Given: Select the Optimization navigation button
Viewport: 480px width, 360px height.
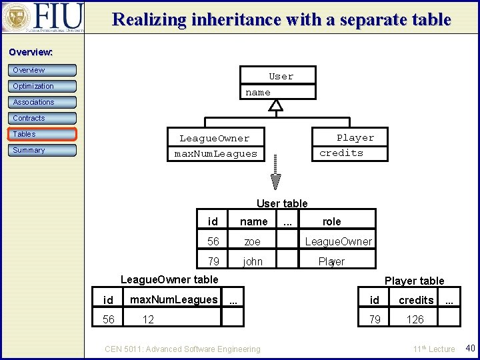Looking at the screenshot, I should [43, 86].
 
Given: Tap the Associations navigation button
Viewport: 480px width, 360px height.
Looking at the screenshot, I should [43, 102].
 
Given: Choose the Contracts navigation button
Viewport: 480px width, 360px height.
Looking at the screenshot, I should [43, 118].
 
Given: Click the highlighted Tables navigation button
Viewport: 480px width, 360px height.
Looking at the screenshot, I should [43, 134].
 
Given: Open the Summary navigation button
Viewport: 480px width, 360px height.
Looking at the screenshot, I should [43, 150].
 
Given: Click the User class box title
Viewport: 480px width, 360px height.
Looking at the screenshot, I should [281, 77].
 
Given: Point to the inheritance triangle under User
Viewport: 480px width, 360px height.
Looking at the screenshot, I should [276, 105].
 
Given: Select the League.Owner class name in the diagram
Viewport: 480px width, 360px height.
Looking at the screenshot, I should [214, 139].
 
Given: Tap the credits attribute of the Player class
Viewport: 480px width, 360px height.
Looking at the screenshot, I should [341, 153].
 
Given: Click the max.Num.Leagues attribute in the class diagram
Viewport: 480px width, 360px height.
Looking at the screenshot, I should [215, 154].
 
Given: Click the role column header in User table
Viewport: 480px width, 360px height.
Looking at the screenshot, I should [331, 221].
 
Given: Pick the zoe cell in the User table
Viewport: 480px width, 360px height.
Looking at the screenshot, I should [252, 241].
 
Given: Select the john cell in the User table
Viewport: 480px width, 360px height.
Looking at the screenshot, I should [253, 261].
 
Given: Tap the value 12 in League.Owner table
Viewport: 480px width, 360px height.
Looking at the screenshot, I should [148, 319].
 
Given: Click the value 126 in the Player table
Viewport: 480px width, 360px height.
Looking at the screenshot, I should [415, 319].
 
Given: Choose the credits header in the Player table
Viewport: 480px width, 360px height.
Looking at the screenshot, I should [416, 301].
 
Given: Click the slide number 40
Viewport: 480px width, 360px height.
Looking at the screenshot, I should [469, 348].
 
